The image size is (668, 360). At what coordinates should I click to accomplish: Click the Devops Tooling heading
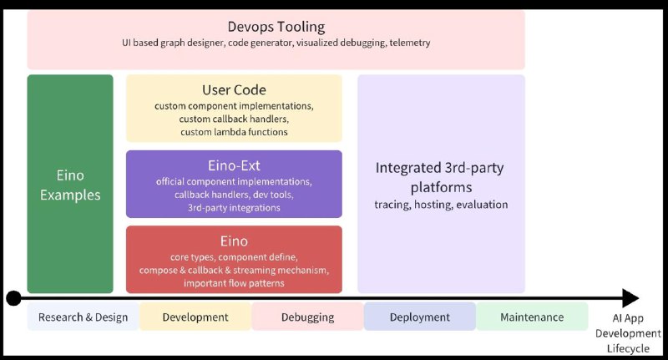click(276, 27)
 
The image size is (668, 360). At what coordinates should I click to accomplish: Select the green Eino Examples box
click(70, 184)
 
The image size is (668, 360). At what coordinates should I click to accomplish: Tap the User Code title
click(234, 90)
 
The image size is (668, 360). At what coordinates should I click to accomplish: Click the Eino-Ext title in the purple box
click(234, 165)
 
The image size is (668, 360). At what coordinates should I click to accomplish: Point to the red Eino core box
click(234, 260)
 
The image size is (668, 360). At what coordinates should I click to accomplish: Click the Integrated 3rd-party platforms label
click(440, 177)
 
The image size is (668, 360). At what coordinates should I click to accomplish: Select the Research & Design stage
click(83, 317)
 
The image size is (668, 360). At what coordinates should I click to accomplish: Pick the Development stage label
click(195, 317)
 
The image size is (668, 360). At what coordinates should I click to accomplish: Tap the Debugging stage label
click(307, 317)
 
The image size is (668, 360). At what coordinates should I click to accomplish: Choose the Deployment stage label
click(420, 317)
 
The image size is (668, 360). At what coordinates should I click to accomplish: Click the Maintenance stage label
click(532, 317)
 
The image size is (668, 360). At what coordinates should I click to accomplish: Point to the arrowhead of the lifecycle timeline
click(631, 298)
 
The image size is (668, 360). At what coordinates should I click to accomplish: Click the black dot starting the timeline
click(13, 298)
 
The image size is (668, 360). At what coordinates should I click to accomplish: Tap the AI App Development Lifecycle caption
click(628, 333)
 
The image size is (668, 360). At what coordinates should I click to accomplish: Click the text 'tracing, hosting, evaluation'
click(441, 205)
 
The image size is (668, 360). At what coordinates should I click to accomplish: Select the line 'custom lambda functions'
click(234, 132)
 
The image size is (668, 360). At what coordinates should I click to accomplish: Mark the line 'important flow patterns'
click(234, 283)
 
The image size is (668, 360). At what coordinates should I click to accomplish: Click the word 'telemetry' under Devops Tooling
click(410, 43)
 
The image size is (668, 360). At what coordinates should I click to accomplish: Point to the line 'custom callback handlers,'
click(234, 119)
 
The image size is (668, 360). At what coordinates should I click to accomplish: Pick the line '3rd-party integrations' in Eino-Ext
click(234, 208)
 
